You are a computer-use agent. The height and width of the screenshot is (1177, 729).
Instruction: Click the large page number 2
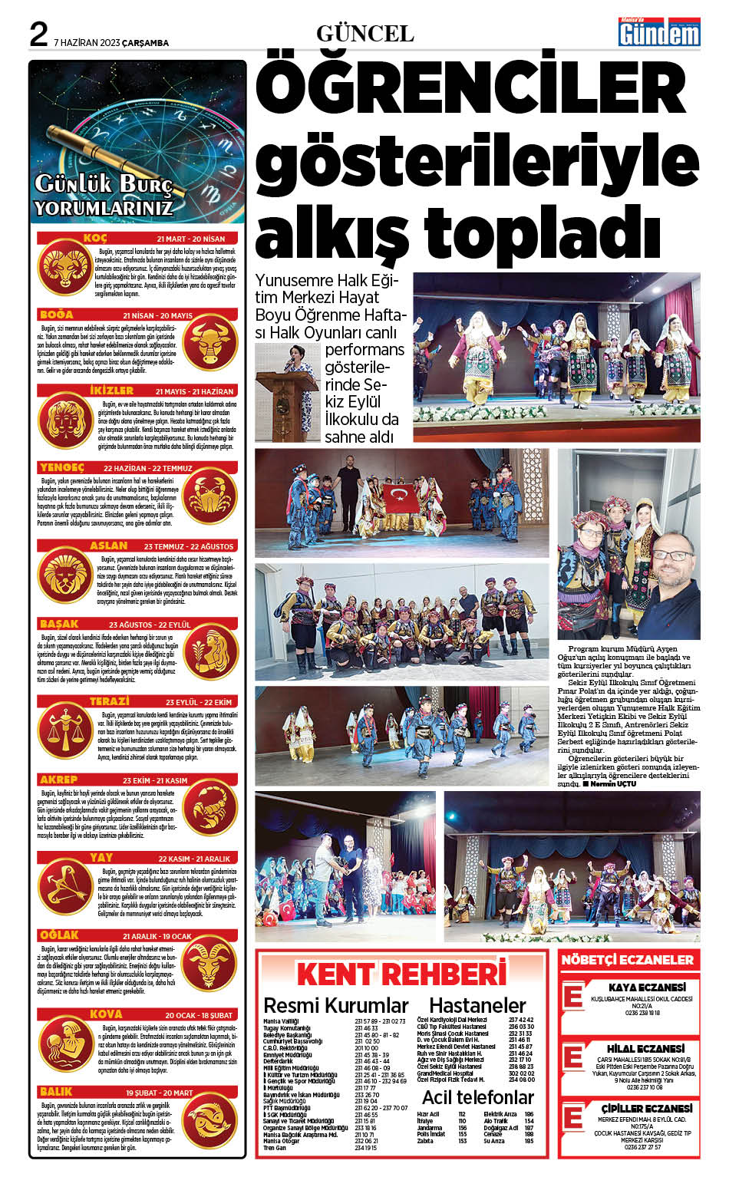(x=38, y=35)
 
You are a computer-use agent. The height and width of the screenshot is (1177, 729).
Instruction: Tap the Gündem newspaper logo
(x=659, y=33)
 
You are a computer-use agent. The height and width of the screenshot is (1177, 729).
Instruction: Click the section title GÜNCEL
(x=364, y=34)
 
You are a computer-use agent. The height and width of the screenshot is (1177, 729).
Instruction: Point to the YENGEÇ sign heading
(x=61, y=467)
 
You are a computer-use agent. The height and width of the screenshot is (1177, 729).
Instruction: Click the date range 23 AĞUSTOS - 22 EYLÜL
(x=150, y=625)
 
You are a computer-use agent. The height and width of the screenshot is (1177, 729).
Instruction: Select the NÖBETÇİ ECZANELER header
(x=627, y=959)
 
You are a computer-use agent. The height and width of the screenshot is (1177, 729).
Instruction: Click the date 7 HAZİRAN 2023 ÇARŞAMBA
(x=112, y=43)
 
